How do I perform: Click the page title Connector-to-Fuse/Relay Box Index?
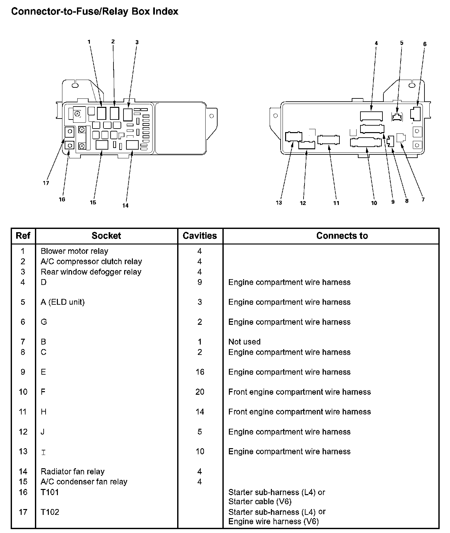coord(95,12)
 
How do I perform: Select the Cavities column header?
coord(200,236)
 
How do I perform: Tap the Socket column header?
coord(106,236)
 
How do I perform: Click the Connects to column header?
coord(342,236)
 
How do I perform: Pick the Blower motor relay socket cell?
coord(74,251)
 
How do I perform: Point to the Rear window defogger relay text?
coord(91,272)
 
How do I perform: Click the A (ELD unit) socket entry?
coord(62,302)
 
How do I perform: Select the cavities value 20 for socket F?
coord(200,392)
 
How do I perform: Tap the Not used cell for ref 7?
coord(244,342)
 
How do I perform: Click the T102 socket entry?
coord(50,512)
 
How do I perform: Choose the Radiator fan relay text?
coord(72,471)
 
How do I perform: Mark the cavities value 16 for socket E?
coord(200,372)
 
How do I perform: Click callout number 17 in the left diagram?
coord(46,183)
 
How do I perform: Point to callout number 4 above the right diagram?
coord(376,43)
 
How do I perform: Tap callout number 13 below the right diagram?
coord(279,203)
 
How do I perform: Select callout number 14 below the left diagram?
coord(125,205)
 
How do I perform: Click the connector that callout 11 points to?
coord(328,140)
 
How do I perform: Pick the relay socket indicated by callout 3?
coord(128,114)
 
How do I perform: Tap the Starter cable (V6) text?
coord(260,502)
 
